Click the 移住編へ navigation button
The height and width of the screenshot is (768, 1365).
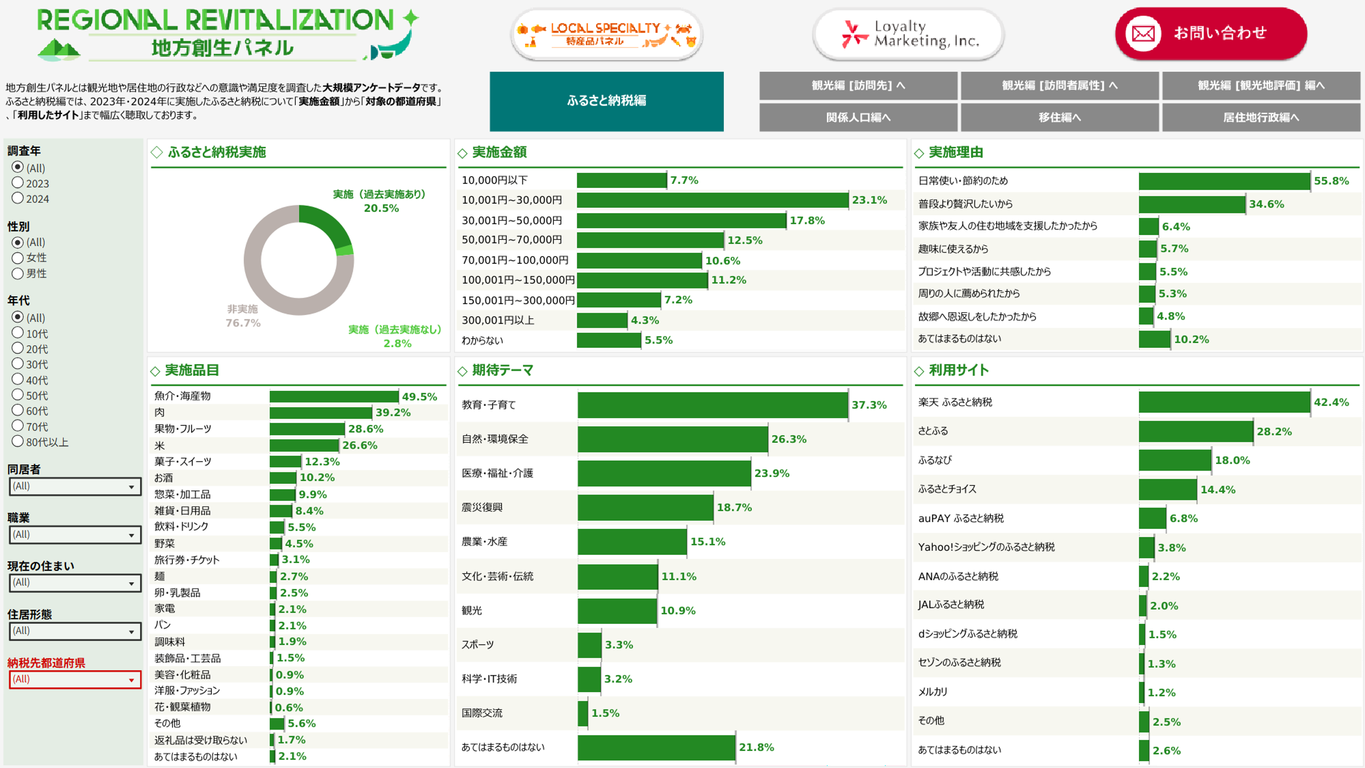pyautogui.click(x=1059, y=117)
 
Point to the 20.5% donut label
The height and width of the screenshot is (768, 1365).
pyautogui.click(x=381, y=208)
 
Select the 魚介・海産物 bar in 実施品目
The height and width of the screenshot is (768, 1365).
pyautogui.click(x=334, y=397)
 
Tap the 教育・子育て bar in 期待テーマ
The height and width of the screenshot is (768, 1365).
pyautogui.click(x=712, y=405)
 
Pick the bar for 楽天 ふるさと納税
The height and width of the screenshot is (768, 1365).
pyautogui.click(x=1224, y=402)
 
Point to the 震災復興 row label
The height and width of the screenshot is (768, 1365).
pyautogui.click(x=482, y=507)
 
